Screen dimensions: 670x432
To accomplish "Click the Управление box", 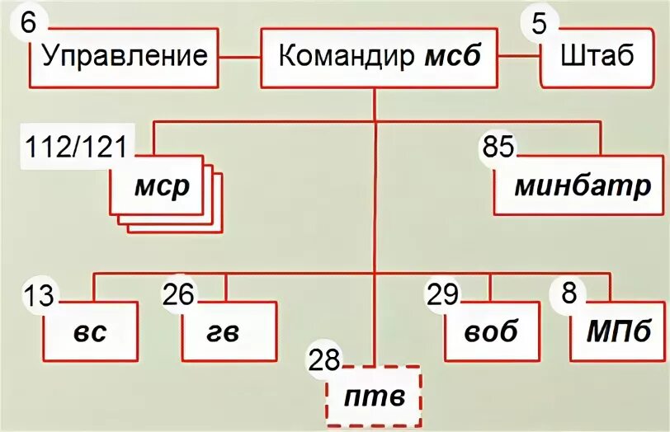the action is tap(124, 58).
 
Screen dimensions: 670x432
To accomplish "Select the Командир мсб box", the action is tap(379, 58).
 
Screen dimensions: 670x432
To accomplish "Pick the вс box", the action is tap(90, 331).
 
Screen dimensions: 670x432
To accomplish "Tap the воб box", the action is tap(490, 331).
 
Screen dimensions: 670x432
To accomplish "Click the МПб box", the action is tap(614, 331).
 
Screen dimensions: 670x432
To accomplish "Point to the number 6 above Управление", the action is tap(27, 22).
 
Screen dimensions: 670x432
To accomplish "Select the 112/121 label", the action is tap(76, 148).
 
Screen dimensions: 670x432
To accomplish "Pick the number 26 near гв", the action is tap(179, 294).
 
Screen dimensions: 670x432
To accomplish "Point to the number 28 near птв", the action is tap(324, 359).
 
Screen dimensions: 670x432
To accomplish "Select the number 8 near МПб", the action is tap(569, 294).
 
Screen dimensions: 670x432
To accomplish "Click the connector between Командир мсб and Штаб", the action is tap(519, 58).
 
